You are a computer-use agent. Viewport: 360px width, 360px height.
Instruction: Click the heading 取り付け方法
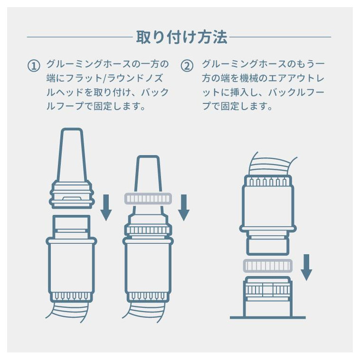coord(181,37)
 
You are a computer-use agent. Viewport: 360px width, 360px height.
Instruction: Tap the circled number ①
coord(34,66)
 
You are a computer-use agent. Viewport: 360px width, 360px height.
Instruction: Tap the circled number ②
coord(187,66)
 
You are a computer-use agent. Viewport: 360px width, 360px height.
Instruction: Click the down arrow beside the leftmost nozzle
coord(106,208)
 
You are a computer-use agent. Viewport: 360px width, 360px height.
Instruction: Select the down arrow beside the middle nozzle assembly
coord(184,208)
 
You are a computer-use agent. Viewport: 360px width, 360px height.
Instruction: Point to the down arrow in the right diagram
coord(306,267)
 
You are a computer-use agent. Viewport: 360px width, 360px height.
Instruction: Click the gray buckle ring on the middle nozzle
coord(148,199)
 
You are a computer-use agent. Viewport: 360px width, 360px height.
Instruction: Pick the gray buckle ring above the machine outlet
coord(268,266)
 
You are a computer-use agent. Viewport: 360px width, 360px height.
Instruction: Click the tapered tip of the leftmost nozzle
coord(72,154)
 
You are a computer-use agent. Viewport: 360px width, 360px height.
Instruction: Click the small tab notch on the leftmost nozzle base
coord(72,198)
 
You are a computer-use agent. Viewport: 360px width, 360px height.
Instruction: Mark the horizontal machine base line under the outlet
coord(268,317)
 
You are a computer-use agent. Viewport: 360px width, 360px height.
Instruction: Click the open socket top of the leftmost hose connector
coord(72,224)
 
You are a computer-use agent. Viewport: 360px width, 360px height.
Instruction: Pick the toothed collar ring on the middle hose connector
coord(148,230)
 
